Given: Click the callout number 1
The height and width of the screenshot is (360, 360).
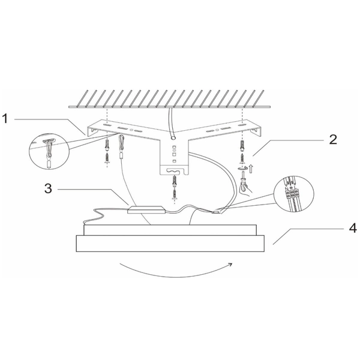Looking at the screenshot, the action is coord(5,119).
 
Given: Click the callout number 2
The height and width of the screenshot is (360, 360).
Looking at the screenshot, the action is coord(333,140).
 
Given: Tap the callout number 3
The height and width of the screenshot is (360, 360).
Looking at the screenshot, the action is coord(48,188).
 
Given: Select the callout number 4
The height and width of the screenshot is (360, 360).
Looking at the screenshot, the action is coord(353,228).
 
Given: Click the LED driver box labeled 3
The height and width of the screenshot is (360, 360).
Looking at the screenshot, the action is coord(146,209).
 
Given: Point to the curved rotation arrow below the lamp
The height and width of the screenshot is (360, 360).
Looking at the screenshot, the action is coord(176,272).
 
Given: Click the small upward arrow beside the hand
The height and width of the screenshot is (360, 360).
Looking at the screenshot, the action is coord(251,169).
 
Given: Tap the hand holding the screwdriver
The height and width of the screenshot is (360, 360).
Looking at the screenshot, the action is coord(245,189).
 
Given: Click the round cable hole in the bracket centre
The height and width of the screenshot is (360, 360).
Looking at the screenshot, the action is coord(173,138).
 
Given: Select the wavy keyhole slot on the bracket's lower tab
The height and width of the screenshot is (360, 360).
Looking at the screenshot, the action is coord(175,171).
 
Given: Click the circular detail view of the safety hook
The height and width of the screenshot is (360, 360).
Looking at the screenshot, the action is coord(49,150).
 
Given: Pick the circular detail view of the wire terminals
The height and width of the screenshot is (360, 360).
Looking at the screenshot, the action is coord(294,194).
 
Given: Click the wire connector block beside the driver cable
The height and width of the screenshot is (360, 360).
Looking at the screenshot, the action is coord(216,212).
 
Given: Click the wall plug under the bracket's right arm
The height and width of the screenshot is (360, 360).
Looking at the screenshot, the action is coord(242,145).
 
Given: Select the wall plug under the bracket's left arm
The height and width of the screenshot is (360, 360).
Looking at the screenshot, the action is coord(107,145).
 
